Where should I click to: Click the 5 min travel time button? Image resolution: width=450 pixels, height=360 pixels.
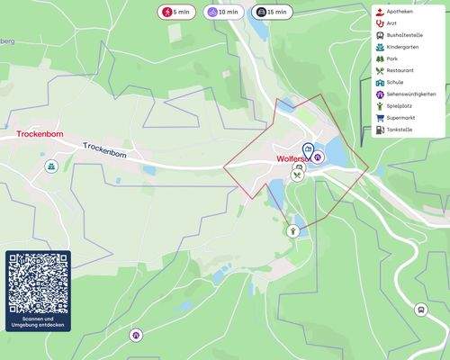(175, 13)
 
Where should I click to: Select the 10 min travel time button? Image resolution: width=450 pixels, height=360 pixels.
(224, 13)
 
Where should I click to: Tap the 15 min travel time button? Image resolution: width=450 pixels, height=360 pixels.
(272, 13)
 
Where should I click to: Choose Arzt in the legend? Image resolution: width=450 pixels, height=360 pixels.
(392, 23)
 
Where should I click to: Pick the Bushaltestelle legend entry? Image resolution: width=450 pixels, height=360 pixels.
(405, 35)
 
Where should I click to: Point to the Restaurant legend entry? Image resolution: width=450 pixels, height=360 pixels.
(401, 70)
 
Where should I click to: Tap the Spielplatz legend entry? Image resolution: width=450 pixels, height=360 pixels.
(400, 106)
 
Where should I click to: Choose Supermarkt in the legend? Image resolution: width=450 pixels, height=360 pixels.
(402, 118)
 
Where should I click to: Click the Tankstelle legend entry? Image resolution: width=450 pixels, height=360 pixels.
(400, 130)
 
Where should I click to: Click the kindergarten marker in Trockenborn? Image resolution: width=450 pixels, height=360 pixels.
(52, 166)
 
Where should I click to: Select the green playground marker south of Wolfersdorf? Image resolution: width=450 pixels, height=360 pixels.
(292, 231)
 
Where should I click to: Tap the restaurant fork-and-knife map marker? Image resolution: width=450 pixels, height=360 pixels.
(297, 175)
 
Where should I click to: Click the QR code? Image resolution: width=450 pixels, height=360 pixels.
(38, 283)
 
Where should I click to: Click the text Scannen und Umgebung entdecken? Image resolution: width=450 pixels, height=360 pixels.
(38, 322)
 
